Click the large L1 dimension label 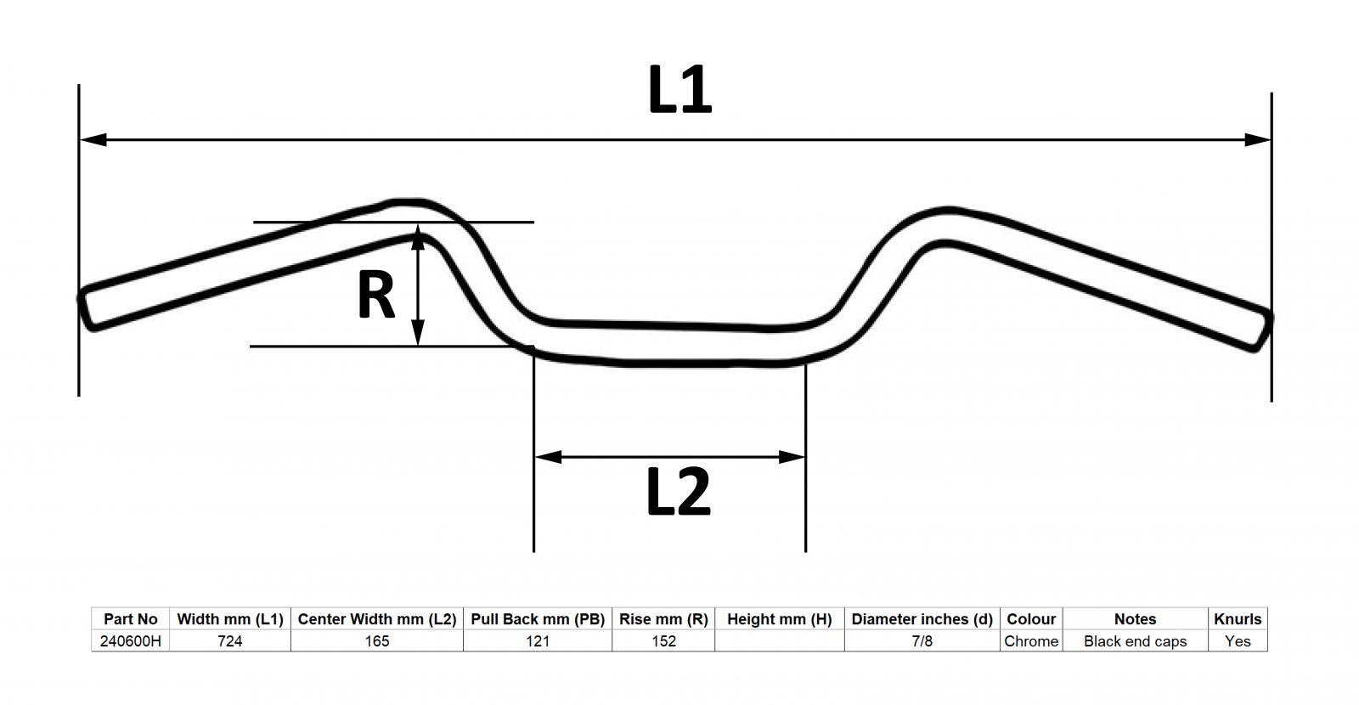point(679,90)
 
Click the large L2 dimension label point(679,493)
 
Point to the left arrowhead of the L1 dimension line point(93,139)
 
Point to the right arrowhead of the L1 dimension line point(1257,139)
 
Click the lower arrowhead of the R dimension point(417,332)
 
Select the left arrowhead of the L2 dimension point(549,457)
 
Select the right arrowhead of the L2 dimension point(791,457)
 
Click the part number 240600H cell point(131,641)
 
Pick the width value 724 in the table point(230,641)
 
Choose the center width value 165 point(377,641)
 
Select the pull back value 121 point(538,641)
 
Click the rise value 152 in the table point(663,641)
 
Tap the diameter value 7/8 point(922,641)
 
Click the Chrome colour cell point(1031,641)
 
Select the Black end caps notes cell point(1135,641)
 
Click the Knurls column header point(1238,619)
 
